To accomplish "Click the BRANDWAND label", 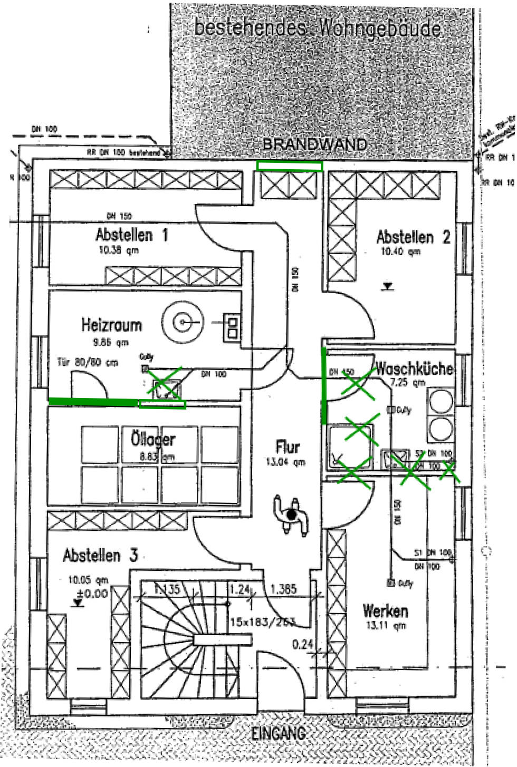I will coord(314,144).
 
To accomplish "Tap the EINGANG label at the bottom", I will coord(278,732).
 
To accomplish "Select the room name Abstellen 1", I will coord(132,235).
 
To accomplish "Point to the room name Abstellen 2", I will coord(413,237).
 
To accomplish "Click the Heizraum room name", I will coord(111,325).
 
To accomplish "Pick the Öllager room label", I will coord(153,439).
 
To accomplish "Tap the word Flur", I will coord(288,448).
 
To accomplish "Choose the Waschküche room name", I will coord(414,368).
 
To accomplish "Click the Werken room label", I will coord(385,611).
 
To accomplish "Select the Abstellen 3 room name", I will coord(100,555).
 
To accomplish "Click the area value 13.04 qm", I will coord(285,462).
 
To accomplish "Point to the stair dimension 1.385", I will coord(283,589).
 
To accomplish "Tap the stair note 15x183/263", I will coord(262,622).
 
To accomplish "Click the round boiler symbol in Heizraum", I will coord(183,321).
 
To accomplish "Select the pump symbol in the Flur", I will coord(290,514).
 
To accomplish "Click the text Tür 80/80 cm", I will coord(88,363).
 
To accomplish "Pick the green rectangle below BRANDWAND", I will coord(289,166).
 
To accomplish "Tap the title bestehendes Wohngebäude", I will coord(318,27).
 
